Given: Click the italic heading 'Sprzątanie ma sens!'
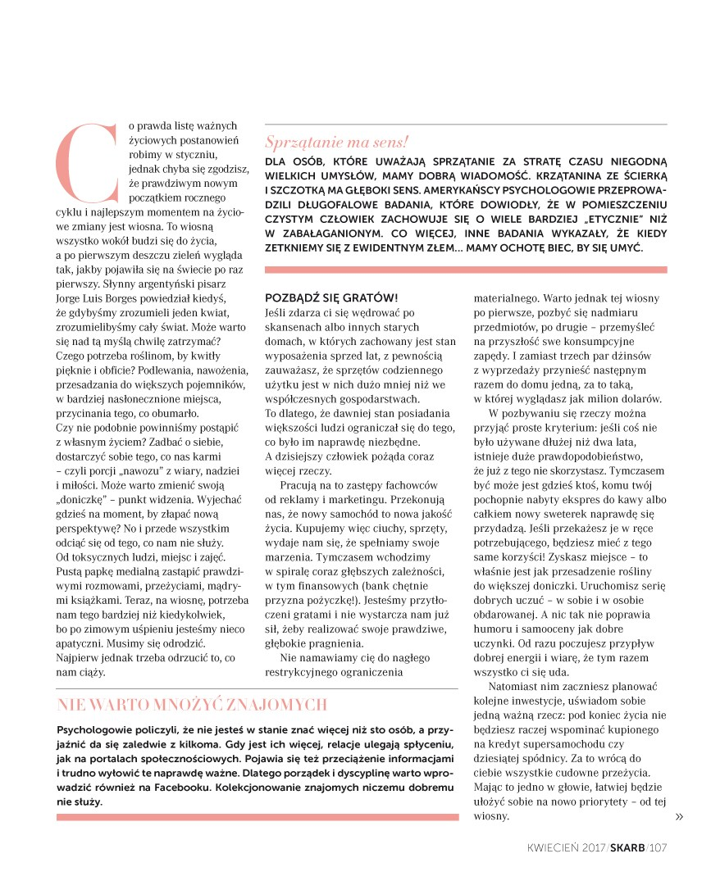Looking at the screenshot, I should [x=336, y=141].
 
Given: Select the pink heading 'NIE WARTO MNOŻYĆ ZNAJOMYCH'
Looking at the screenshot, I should [x=193, y=705].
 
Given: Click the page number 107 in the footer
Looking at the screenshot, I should [x=659, y=848].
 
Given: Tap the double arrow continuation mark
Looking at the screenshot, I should [x=678, y=816].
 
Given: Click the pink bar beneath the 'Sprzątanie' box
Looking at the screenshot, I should [x=465, y=270].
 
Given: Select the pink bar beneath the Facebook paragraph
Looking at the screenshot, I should [x=257, y=816].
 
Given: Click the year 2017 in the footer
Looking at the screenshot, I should [x=591, y=848].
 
